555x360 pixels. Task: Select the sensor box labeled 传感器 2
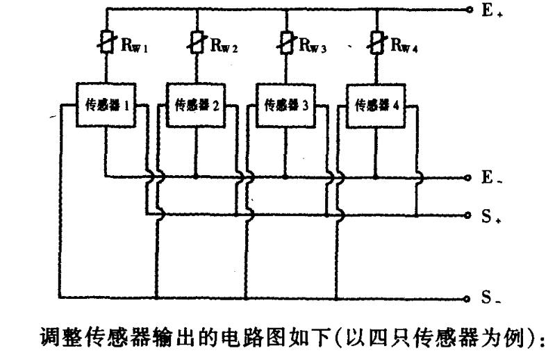pos(195,106)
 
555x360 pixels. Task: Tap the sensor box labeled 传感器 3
pos(285,106)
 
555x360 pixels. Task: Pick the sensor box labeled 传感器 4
pos(376,106)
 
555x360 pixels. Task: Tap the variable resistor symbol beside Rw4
pos(376,43)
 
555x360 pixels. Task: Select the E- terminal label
pos(491,177)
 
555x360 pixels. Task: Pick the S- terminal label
pos(491,299)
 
